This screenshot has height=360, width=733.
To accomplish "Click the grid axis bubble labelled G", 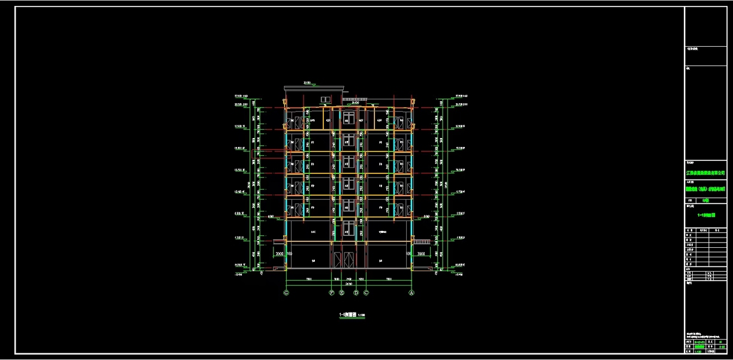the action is tap(286, 293).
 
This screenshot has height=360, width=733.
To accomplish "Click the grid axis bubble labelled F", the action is tap(331, 293).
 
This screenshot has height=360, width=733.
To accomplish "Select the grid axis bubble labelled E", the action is tap(341, 293).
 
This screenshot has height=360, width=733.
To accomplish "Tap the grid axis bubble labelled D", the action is tap(356, 293).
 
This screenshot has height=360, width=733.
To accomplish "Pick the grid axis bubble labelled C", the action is tap(366, 293).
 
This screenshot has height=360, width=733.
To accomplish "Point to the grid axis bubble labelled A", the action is tap(411, 293).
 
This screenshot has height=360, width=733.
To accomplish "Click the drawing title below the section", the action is tap(352, 314).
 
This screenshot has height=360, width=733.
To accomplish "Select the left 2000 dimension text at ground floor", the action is tap(279, 254).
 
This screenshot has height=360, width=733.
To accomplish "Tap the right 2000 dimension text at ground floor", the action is tap(420, 254).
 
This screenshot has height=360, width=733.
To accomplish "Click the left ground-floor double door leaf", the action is tap(337, 259).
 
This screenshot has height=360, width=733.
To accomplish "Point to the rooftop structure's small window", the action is tap(325, 98).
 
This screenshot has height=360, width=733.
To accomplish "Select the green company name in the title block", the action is tap(708, 172).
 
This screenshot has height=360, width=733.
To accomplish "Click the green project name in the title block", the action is tap(708, 189).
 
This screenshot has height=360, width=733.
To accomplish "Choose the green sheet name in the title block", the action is tap(708, 214).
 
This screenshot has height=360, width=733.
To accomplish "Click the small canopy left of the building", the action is tap(278, 242).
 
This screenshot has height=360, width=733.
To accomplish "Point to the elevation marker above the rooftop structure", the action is tap(307, 82).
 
